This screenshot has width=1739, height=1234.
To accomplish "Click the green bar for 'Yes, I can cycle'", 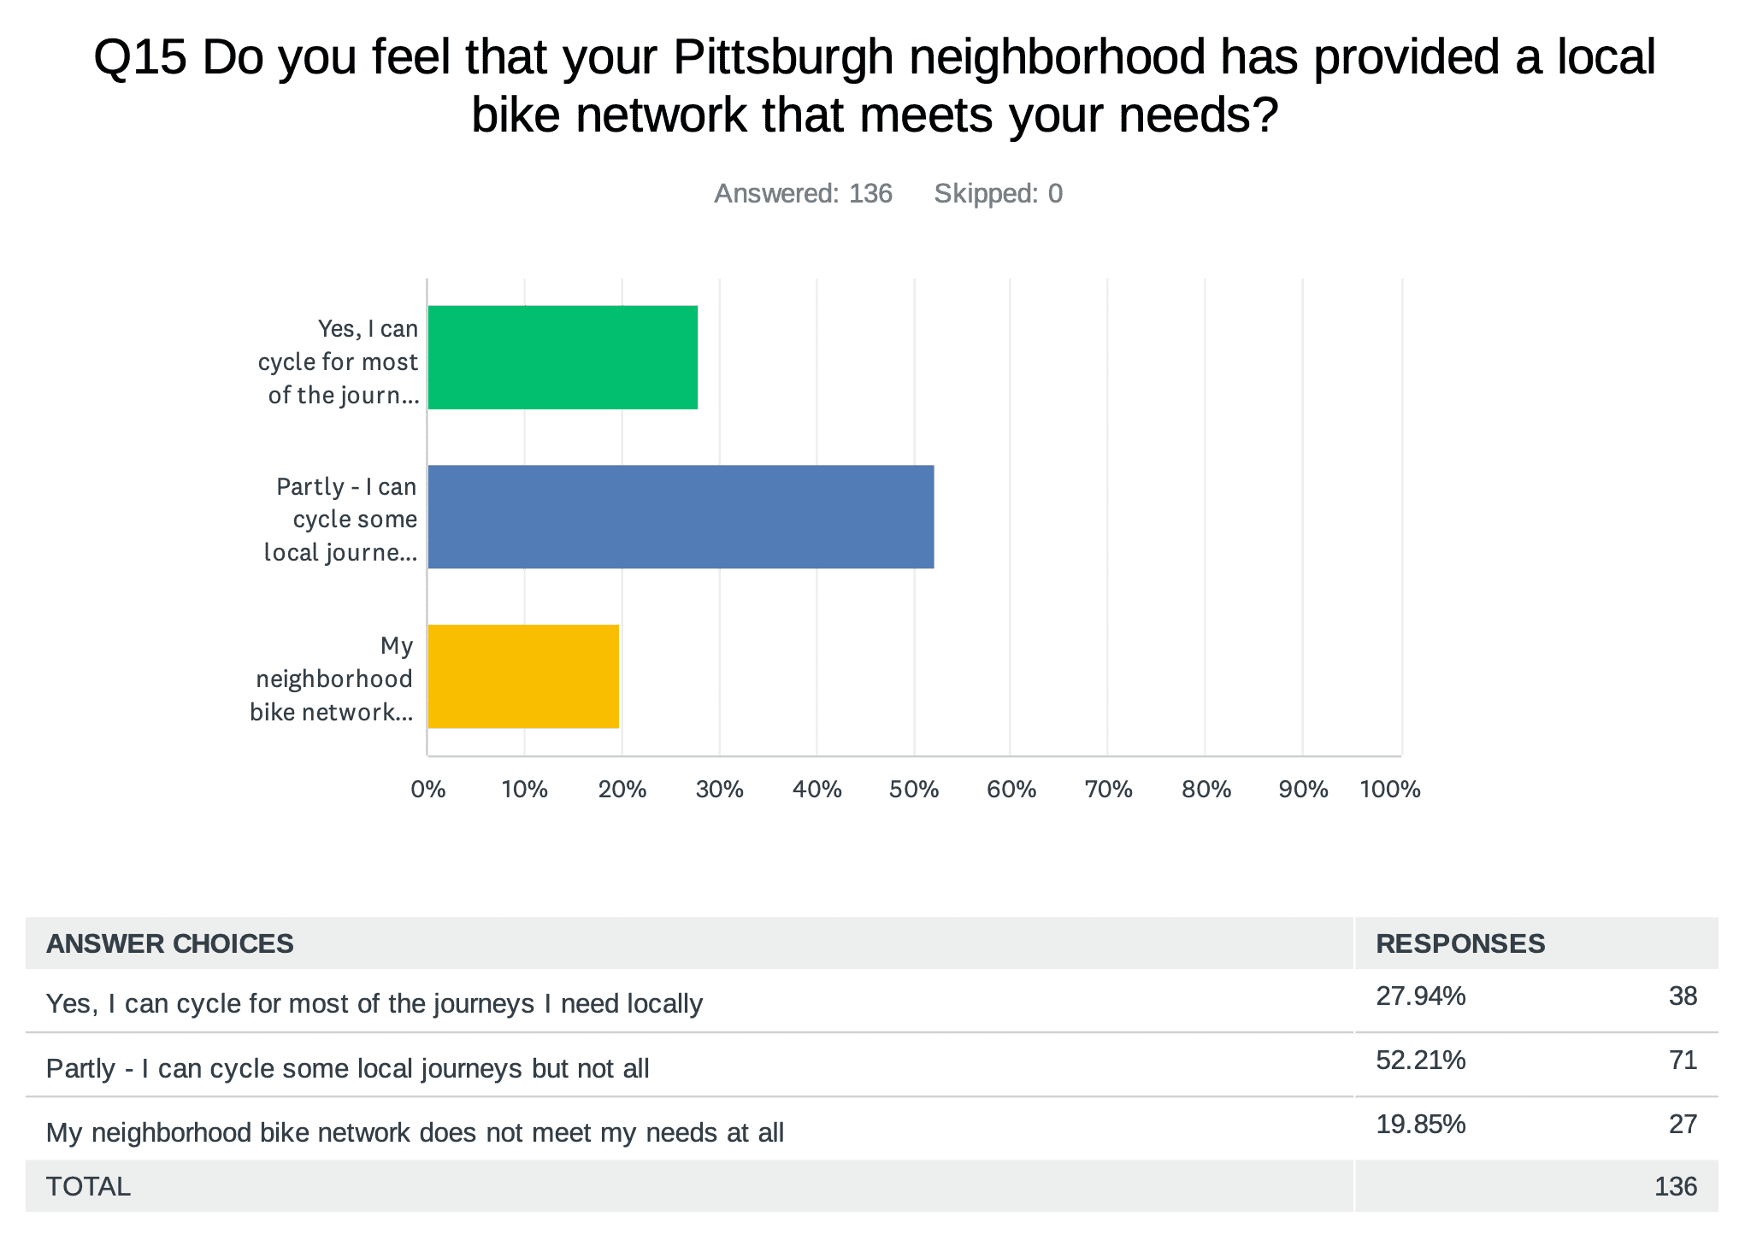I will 563,357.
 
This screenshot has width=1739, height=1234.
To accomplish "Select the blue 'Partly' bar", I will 681,516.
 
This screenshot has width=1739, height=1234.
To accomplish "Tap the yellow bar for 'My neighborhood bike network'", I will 523,676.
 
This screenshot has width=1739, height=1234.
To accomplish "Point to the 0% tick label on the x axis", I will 428,790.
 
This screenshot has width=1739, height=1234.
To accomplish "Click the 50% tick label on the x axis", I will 914,790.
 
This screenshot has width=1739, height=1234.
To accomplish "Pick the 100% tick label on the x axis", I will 1390,790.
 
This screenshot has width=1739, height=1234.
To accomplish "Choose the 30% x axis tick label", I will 719,790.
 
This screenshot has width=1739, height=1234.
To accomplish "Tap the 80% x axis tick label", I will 1206,790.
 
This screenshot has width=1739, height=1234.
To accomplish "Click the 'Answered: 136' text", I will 803,194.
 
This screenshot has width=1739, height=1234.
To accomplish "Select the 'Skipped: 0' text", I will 998,194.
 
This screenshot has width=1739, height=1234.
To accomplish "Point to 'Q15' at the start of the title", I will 139,57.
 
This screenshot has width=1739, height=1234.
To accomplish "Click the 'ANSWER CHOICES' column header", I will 169,943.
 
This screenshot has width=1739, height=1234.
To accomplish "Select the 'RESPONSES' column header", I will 1459,943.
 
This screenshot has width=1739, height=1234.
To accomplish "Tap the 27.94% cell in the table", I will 1420,996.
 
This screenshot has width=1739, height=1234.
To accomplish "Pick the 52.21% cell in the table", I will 1420,1061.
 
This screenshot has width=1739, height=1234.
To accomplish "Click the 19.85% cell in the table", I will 1420,1125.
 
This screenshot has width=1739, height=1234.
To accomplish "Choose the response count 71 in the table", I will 1683,1061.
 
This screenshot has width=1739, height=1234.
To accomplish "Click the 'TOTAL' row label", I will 88,1186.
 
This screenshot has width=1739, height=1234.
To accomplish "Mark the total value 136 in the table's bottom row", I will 1675,1186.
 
